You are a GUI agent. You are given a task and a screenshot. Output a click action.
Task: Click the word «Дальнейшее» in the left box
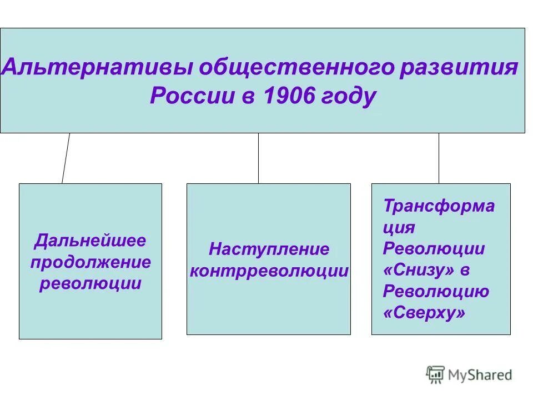90,241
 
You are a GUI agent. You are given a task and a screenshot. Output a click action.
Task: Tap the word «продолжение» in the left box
90,262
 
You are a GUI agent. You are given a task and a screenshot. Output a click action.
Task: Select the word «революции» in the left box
90,283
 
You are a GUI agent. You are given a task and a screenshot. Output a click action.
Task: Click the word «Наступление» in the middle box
269,249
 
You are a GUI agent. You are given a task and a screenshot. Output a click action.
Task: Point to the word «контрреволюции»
269,271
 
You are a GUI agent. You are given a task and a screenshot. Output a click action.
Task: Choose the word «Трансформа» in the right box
439,206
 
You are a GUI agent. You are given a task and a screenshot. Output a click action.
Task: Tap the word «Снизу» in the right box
419,271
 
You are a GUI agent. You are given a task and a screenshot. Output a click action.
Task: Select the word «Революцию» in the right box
436,292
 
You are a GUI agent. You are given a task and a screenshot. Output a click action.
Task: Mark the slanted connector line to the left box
66,158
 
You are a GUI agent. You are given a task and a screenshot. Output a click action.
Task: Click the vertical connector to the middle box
258,158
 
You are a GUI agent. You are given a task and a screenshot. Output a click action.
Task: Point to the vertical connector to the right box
439,158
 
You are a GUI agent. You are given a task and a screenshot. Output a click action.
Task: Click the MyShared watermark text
480,375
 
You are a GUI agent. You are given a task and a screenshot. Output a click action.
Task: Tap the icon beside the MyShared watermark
435,374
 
